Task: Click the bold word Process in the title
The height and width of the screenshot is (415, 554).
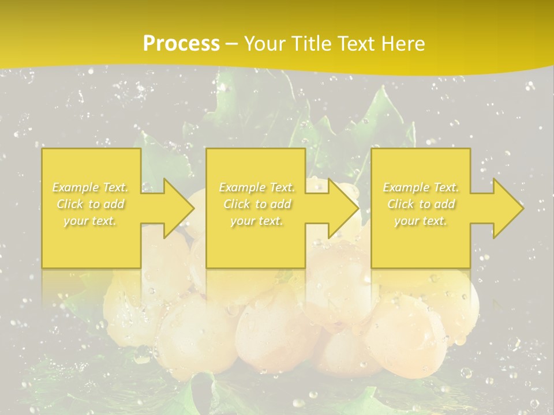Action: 181,44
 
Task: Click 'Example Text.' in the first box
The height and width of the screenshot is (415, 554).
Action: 90,187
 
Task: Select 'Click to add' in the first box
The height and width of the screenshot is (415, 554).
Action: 91,204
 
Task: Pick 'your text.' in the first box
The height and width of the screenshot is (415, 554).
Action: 90,221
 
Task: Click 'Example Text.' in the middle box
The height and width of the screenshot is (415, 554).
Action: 256,187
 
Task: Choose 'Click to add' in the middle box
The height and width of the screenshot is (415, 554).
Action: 257,204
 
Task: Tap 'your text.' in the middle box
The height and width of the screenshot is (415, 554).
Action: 256,221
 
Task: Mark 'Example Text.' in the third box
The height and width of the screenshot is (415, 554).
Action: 421,187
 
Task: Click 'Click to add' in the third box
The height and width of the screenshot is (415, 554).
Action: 421,204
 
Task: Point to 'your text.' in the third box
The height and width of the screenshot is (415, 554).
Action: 421,221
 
